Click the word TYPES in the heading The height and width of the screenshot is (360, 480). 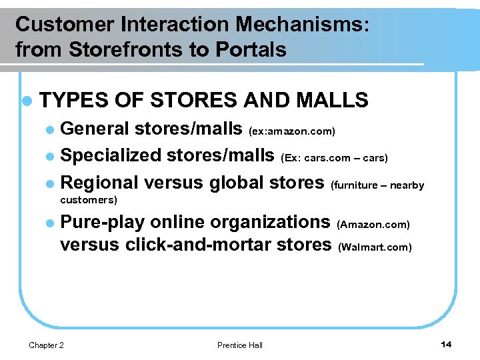pos(74,101)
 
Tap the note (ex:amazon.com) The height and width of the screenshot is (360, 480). pos(292,131)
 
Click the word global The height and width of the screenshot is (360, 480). pos(231,183)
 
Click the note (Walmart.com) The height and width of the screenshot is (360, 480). pos(375,247)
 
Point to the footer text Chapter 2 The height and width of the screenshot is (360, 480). pos(47,345)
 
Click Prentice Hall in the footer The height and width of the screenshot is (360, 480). pos(240,345)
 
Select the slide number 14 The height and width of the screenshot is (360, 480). pos(446,344)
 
